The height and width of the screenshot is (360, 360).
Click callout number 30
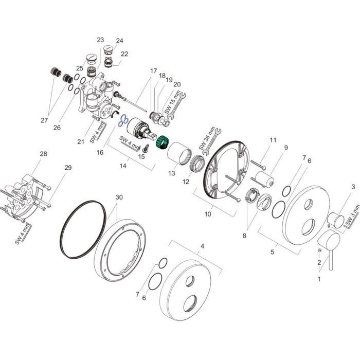coord(119,197)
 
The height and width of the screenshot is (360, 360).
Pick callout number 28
coord(43,154)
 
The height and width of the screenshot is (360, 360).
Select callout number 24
coord(119,41)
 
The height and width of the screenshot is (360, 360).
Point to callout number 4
coord(203,247)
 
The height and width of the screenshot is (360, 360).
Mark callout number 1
coord(318,280)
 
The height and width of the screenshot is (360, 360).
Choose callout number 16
coord(100,152)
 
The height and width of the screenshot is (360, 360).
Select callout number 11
coord(273,140)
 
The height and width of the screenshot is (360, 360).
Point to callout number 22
coord(124,53)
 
